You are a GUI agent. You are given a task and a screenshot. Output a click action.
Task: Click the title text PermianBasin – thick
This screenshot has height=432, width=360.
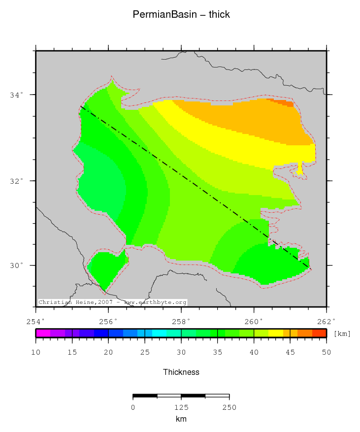[x=181, y=15]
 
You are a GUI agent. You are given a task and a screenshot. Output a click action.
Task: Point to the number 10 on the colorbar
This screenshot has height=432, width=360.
[x=36, y=352]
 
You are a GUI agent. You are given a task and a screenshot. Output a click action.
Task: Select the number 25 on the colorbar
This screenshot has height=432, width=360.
[x=145, y=352]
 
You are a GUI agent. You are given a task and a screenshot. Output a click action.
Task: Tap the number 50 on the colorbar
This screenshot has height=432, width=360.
[x=327, y=352]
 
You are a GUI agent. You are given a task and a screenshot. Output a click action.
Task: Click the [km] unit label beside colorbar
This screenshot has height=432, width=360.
[x=342, y=334]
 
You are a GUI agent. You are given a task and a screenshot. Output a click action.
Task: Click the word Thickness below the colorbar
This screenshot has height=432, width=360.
[x=181, y=372]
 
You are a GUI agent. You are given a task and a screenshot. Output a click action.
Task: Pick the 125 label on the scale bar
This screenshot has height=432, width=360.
[x=181, y=407]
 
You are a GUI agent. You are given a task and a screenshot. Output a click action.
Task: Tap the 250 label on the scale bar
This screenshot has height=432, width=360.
[x=229, y=407]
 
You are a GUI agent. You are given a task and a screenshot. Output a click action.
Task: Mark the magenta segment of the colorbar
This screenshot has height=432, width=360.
[x=43, y=333]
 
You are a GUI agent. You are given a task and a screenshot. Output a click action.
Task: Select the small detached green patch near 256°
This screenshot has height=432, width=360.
[x=105, y=268]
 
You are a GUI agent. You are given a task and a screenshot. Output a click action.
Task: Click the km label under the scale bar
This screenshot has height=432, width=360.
[x=181, y=419]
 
